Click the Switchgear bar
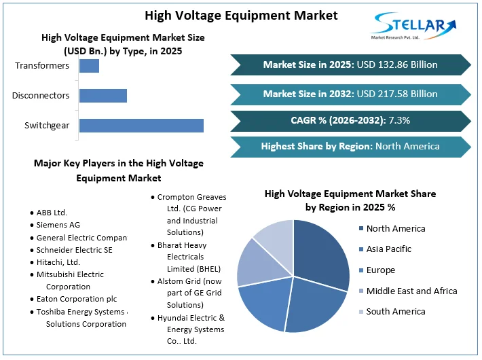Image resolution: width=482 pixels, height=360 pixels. point(141,126)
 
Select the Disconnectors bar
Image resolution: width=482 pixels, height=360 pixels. point(103,96)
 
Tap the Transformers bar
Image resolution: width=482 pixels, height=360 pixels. point(89,66)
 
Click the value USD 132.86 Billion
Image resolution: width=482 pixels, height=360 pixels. point(397,65)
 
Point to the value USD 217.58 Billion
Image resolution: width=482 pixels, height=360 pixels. point(397,94)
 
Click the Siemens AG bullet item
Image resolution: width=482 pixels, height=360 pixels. point(58,225)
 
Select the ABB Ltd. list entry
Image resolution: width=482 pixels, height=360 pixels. point(52,213)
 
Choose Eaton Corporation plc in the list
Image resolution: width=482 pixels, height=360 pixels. point(77,299)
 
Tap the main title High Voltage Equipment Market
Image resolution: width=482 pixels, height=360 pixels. point(241,14)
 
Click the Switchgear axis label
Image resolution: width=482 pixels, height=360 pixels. point(47,126)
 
